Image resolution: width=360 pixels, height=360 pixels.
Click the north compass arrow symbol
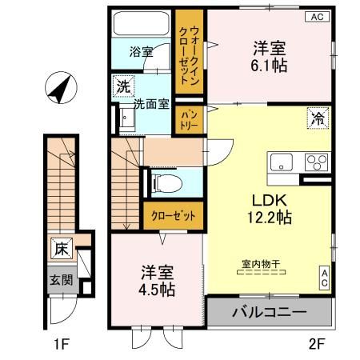62,88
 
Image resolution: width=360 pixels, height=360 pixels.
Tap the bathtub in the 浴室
141,23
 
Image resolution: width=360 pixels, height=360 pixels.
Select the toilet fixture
166,183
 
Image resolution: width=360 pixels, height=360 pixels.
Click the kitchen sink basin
282,162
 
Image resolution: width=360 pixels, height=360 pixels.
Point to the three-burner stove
316,162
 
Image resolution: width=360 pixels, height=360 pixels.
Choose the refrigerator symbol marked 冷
318,118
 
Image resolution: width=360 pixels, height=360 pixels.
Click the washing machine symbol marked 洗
123,86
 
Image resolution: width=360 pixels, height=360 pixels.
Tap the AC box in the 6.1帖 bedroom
318,17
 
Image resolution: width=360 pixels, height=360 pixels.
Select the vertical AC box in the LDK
325,278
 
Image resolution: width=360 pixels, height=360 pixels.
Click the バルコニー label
270,312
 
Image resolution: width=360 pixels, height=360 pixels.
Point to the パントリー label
190,120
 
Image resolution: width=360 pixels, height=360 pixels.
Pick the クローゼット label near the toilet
174,216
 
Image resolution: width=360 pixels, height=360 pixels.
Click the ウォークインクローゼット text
189,55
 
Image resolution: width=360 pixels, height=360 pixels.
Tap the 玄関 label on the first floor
62,280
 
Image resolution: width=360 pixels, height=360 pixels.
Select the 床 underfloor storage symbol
62,249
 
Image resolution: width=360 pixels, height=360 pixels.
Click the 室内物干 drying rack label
261,264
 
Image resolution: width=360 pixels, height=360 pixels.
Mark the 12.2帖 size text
270,218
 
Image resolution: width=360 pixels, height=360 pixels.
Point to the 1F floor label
62,345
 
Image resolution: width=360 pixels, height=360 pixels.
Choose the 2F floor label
317,345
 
